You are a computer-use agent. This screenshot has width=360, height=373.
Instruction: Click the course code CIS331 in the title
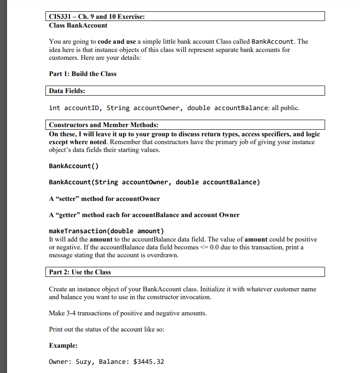[x=61, y=17]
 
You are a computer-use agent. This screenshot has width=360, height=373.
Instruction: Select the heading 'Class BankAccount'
[x=78, y=25]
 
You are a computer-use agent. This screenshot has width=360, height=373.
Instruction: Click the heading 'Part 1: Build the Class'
[x=83, y=74]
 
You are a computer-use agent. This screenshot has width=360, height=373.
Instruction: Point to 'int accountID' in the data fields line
[x=75, y=108]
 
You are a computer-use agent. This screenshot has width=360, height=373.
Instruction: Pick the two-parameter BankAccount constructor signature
[x=154, y=182]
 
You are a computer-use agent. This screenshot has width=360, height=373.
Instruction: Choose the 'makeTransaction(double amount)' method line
[x=107, y=231]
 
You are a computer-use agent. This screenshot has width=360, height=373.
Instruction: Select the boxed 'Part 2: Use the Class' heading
[x=80, y=272]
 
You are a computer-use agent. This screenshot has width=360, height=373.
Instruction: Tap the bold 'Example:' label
[x=63, y=345]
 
